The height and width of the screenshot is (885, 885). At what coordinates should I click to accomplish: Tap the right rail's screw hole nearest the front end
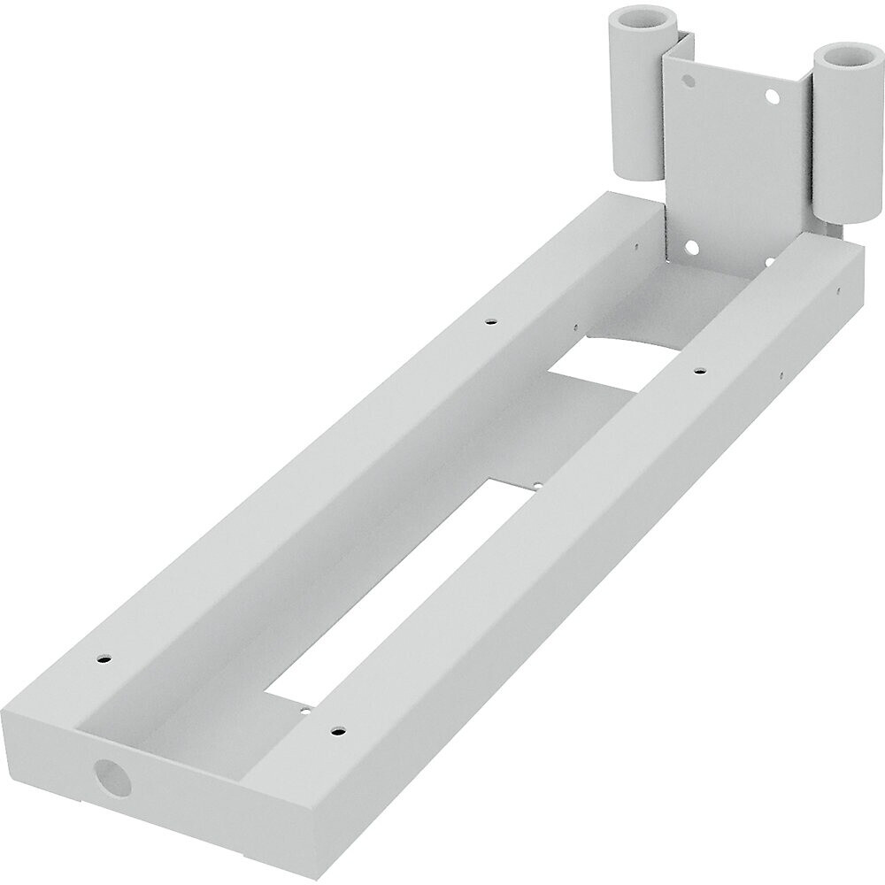(336, 732)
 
